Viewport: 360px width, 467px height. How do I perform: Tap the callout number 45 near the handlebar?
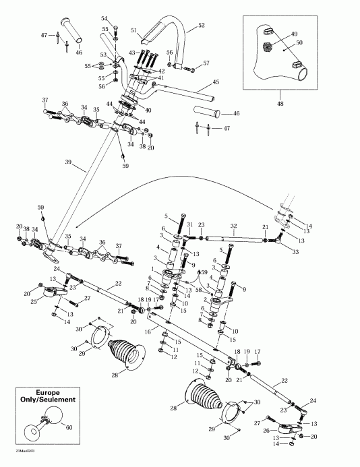click(216, 82)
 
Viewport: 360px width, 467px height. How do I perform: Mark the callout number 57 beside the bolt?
click(206, 63)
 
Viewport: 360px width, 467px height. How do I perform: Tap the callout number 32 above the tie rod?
click(234, 226)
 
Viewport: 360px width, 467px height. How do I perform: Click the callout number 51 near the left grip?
click(133, 30)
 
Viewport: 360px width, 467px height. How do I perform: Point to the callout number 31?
click(190, 225)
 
